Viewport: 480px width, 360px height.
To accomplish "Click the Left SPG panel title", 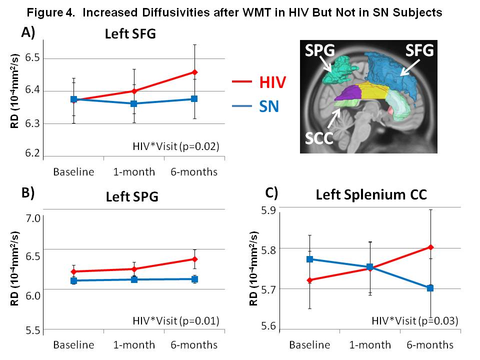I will click(132, 196).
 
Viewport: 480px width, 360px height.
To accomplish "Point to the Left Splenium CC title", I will click(371, 194).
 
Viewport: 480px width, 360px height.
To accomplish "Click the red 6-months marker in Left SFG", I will click(194, 72).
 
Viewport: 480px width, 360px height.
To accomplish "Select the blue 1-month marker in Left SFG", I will click(134, 103).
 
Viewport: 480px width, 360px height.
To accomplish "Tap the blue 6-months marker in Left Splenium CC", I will click(430, 288).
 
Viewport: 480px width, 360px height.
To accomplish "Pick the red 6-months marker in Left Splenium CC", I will click(430, 247).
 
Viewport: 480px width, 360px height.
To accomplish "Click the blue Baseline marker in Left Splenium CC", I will click(309, 259).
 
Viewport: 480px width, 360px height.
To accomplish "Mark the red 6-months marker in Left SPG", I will click(194, 259).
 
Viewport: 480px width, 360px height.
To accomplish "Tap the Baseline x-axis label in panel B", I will click(73, 345).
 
